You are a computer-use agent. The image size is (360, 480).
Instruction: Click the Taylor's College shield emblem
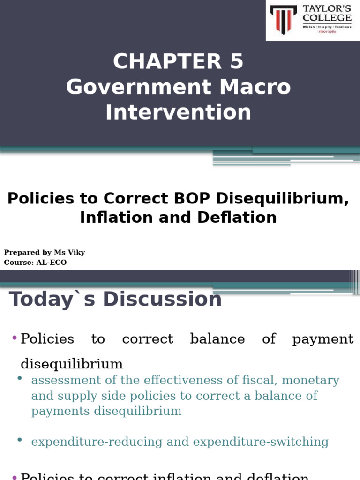pos(284,19)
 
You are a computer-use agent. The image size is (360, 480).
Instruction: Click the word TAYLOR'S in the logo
pos(327,8)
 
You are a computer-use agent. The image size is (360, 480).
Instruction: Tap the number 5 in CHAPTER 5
pos(236,62)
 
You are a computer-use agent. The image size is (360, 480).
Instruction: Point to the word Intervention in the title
pos(178,112)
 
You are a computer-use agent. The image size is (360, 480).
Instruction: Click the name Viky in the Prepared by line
pos(76,253)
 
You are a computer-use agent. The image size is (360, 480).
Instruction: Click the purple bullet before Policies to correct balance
pos(14,337)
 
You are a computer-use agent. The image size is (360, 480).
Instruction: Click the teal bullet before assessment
pos(20,378)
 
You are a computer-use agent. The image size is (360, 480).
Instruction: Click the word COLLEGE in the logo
pos(327,18)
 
